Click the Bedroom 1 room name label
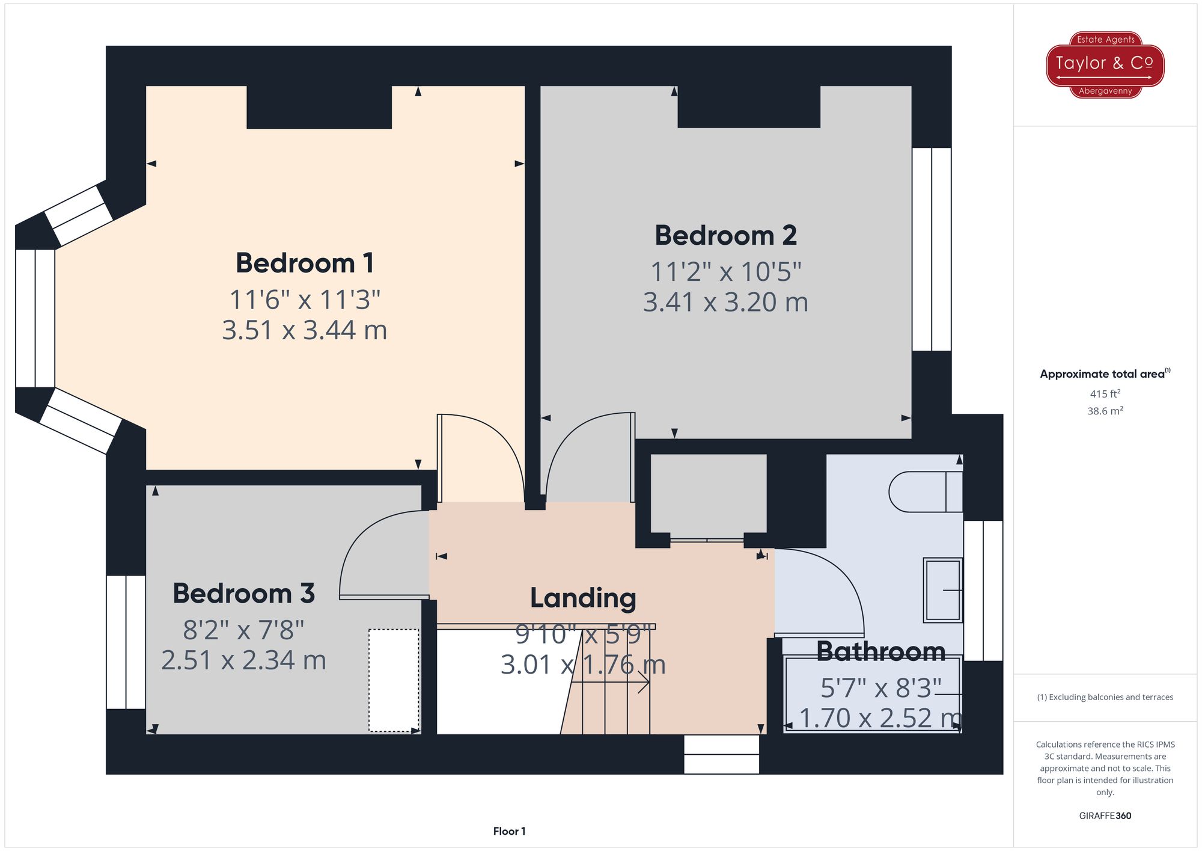[305, 263]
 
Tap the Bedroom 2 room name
[725, 235]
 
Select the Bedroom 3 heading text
[243, 594]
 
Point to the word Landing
[583, 598]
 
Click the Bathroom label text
[881, 651]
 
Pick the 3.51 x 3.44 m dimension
[305, 330]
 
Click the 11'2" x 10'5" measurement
[726, 272]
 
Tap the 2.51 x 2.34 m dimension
[243, 660]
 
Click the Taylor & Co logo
[1105, 65]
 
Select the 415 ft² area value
[1105, 394]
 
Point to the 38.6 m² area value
[1105, 411]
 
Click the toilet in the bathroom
[926, 491]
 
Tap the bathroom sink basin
[943, 590]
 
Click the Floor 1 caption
[509, 831]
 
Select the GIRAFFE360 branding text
[1105, 816]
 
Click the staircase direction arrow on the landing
[610, 683]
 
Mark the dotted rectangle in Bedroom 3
[394, 680]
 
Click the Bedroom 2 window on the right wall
[932, 250]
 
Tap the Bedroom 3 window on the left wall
[126, 642]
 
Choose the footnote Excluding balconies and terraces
[1105, 697]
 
